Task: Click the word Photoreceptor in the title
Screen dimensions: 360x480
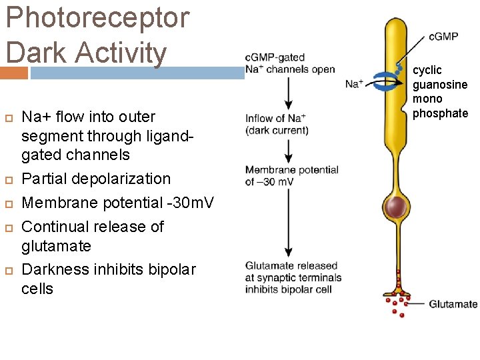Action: (x=97, y=17)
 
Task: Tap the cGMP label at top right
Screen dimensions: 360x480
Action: (x=443, y=36)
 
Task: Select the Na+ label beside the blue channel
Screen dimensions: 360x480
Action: (x=355, y=84)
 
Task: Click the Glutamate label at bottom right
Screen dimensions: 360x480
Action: (x=453, y=304)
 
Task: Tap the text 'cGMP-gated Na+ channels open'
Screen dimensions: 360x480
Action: (x=290, y=63)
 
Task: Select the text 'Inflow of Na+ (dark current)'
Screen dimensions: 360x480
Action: (x=277, y=124)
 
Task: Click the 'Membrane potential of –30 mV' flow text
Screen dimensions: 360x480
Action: (x=291, y=175)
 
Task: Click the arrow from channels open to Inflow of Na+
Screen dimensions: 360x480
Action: (x=288, y=93)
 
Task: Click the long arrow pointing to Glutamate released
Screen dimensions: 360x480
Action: (x=288, y=223)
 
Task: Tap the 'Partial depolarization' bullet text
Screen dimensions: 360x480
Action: (x=96, y=179)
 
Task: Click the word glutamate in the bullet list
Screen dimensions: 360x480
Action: (x=56, y=246)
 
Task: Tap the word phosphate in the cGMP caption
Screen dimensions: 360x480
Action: (x=440, y=113)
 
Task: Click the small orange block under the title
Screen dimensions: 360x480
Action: (x=14, y=73)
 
